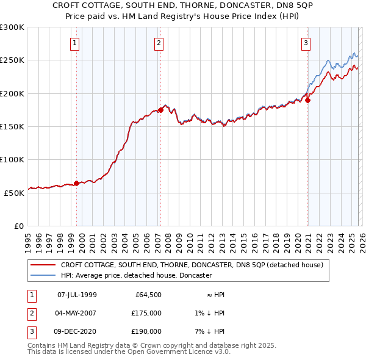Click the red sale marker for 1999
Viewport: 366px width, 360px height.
pyautogui.click(x=76, y=182)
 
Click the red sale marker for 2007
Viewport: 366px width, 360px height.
pyautogui.click(x=160, y=110)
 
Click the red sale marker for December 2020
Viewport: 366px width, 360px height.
pyautogui.click(x=308, y=101)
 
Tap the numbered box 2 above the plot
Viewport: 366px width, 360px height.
pyautogui.click(x=158, y=43)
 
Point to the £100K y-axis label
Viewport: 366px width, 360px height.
pyautogui.click(x=12, y=159)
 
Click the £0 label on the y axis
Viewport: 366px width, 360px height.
pyautogui.click(x=18, y=225)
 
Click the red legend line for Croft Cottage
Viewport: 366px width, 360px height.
pyautogui.click(x=43, y=265)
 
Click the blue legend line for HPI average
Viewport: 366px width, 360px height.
pyautogui.click(x=43, y=275)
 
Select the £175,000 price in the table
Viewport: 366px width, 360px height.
pyautogui.click(x=146, y=313)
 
